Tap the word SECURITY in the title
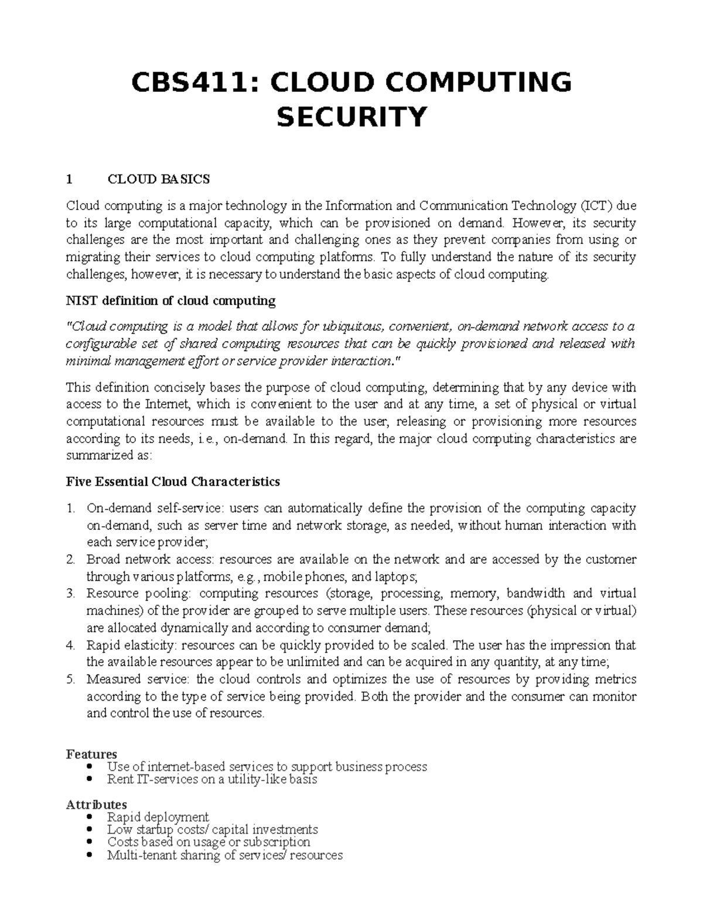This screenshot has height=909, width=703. pos(351,116)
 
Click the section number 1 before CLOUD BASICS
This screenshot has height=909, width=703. pos(69,179)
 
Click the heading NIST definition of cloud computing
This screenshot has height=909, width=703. pos(170,301)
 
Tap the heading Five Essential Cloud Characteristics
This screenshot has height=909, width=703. pos(173,482)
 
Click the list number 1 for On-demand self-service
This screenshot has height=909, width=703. pos(70,508)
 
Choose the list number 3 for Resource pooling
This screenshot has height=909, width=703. pos(70,594)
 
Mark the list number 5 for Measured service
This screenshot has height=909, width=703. pos(70,680)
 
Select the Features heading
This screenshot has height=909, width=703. pos(91,754)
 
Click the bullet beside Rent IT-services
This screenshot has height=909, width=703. pos(89,779)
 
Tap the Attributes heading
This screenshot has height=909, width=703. pos(96,804)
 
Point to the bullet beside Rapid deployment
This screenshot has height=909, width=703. pos(89,817)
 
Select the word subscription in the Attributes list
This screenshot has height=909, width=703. pos(276,842)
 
